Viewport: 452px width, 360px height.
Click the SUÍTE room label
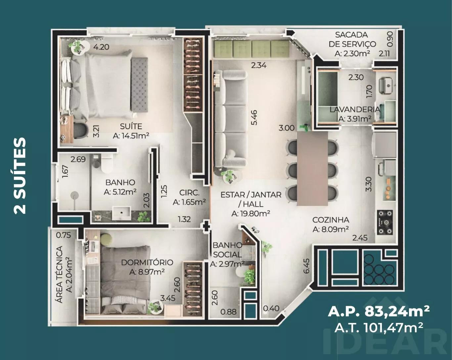[131, 126]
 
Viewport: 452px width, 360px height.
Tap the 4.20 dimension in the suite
[101, 47]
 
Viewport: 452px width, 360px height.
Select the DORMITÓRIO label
[147, 262]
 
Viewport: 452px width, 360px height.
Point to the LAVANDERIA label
[355, 109]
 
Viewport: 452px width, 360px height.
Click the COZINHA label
[331, 220]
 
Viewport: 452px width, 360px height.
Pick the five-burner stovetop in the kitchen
[385, 222]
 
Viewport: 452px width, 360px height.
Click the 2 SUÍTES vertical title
[20, 176]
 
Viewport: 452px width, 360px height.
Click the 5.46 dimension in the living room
[254, 118]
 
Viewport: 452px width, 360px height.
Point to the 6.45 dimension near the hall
[306, 266]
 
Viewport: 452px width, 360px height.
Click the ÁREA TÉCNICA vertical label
[60, 274]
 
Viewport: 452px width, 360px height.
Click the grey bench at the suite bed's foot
[139, 85]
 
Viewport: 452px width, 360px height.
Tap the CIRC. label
[189, 192]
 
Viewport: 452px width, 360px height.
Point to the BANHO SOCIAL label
[228, 250]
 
